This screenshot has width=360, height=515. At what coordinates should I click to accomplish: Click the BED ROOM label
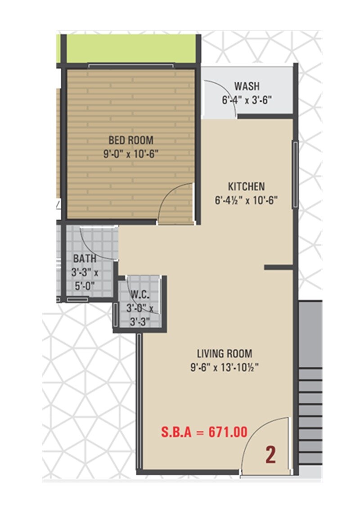[130, 140]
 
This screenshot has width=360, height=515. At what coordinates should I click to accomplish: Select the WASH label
[247, 86]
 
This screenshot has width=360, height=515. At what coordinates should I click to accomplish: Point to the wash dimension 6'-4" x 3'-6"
[247, 100]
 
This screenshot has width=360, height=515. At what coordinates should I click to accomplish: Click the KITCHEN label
[246, 186]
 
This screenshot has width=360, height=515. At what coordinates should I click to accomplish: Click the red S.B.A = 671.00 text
[204, 433]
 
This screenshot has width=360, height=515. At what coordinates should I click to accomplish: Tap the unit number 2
[270, 456]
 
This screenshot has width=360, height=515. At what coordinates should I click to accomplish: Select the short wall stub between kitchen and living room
[279, 267]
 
